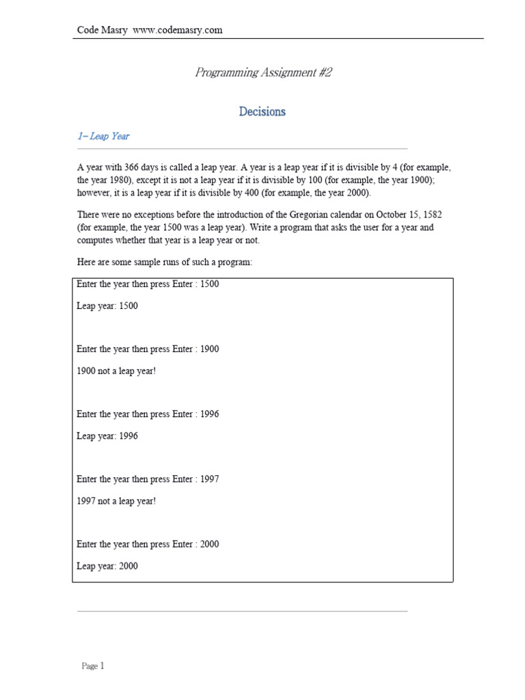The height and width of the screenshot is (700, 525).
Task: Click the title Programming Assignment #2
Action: (263, 72)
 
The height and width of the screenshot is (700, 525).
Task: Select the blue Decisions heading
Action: (262, 111)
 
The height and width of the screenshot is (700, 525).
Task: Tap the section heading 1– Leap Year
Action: (103, 136)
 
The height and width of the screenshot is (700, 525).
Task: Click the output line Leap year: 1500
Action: (107, 306)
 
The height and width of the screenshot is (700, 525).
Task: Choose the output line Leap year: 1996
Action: (107, 435)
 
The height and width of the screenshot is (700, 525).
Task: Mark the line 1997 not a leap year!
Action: (116, 501)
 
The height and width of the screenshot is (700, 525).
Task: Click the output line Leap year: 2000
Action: (107, 566)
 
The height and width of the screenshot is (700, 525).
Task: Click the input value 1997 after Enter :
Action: (209, 479)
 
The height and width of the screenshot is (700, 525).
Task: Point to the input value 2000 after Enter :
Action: (209, 544)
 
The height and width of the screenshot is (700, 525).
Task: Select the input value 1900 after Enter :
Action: (209, 349)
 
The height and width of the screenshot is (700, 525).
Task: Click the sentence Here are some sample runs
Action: (165, 262)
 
